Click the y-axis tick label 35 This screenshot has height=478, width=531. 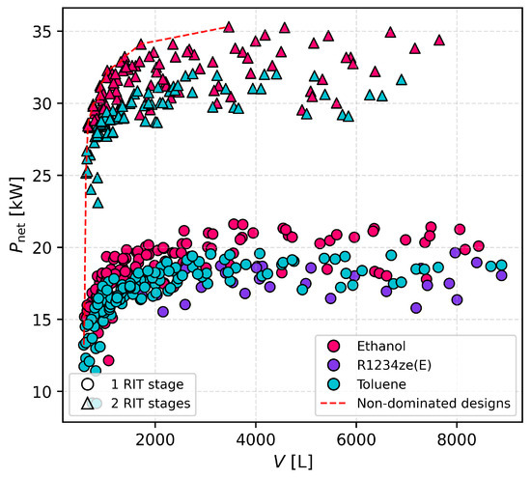tap(42, 32)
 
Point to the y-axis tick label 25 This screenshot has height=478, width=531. tap(42, 176)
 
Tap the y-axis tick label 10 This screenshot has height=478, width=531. tap(42, 392)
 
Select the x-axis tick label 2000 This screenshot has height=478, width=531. tap(155, 439)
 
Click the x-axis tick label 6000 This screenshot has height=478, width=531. tap(356, 439)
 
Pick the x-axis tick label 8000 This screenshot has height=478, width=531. tap(457, 439)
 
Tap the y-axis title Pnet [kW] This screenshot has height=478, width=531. tap(17, 214)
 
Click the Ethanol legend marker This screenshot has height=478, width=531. tap(334, 346)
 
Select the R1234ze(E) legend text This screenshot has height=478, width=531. tap(395, 365)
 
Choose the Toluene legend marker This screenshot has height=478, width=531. tap(334, 384)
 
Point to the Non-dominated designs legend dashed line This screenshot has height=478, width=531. tap(334, 403)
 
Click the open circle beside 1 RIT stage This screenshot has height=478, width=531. tap(88, 384)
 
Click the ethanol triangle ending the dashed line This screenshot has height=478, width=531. tap(229, 27)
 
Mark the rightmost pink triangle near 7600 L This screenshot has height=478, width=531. tap(439, 41)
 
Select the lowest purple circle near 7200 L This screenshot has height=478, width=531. tap(416, 308)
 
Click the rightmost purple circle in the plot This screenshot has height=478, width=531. tap(501, 275)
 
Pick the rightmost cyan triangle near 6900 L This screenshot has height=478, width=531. tap(402, 80)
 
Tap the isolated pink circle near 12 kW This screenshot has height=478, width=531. tap(108, 360)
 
